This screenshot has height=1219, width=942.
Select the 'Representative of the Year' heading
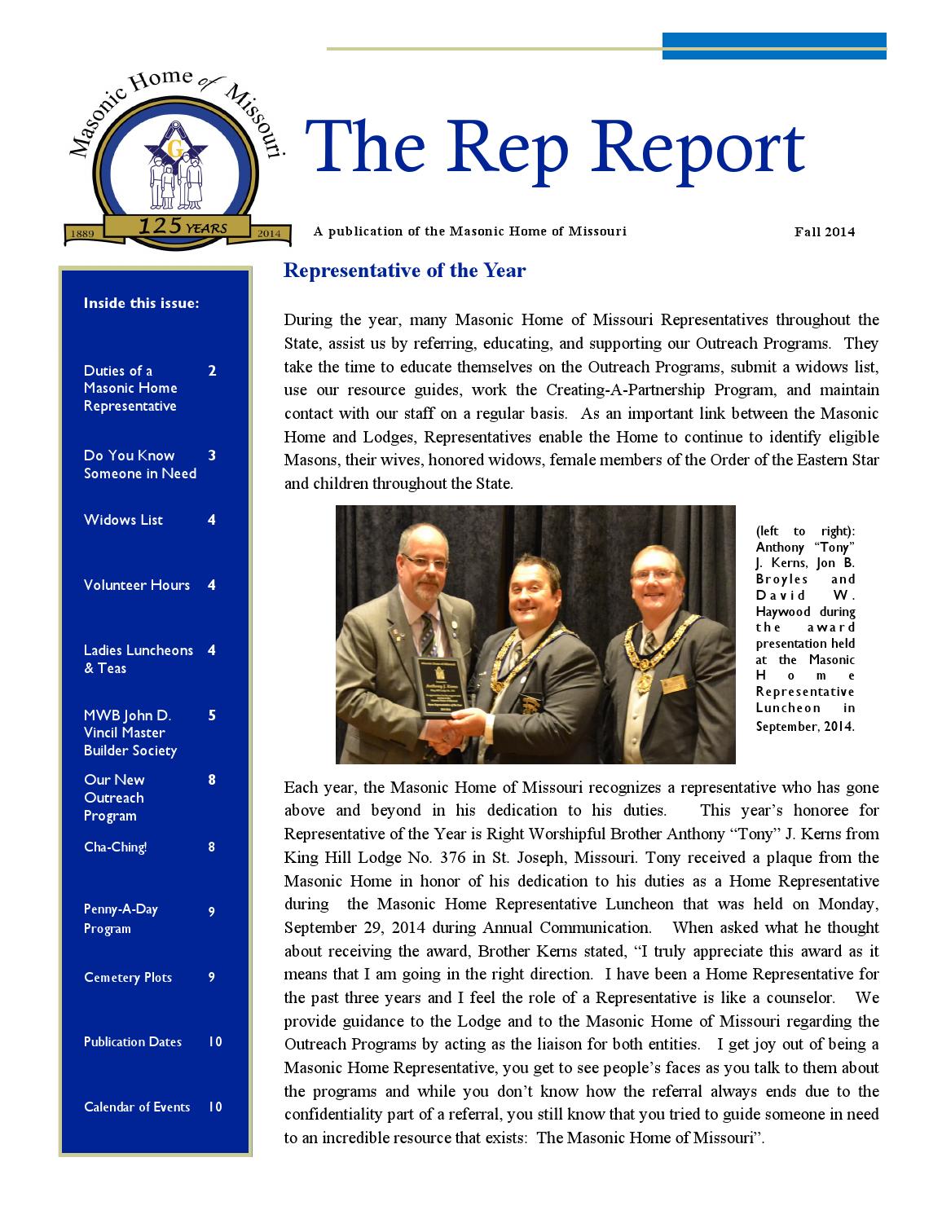point(404,271)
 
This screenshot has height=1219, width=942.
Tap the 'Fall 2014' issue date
point(825,231)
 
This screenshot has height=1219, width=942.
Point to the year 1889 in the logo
point(84,234)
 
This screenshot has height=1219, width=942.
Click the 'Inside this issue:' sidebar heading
point(141,303)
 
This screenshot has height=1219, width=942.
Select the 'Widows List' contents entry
point(123,520)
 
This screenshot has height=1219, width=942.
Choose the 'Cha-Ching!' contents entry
point(115,847)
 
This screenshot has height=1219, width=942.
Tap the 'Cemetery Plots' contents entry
point(128,977)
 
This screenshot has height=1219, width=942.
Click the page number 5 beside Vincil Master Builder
point(212,715)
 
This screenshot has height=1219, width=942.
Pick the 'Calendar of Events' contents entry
point(137,1107)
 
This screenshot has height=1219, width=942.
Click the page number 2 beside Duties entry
point(212,371)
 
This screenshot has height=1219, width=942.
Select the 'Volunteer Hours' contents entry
point(137,585)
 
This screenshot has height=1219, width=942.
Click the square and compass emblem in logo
point(174,147)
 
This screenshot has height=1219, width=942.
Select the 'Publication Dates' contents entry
point(133,1042)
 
